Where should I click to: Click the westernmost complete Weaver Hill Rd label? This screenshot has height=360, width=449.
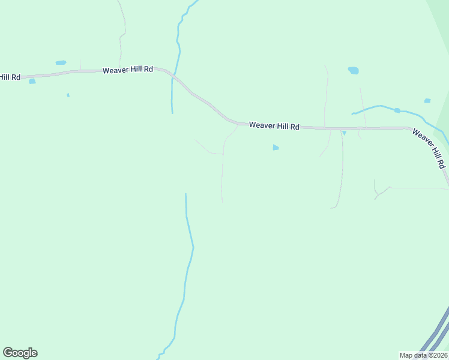pos(128,70)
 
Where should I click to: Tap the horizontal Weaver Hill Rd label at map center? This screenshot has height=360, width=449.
pos(274,126)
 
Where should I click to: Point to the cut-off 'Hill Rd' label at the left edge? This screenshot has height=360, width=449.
pos(10,77)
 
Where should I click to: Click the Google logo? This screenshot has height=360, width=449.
pos(20,353)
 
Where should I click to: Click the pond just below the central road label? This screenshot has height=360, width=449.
pos(276,147)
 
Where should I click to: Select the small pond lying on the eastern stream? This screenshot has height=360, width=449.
pos(397,110)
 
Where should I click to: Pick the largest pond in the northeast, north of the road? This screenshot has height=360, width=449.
pos(354,70)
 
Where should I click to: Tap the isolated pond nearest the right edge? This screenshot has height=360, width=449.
pos(427,101)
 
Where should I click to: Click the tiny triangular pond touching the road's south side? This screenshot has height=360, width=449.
pos(344,133)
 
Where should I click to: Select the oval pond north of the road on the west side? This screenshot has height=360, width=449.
pos(61,62)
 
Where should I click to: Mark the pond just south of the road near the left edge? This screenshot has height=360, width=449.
pos(32,82)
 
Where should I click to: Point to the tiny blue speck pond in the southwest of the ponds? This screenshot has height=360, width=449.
pos(68,95)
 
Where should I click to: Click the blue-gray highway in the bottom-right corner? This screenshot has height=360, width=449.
pos(433,336)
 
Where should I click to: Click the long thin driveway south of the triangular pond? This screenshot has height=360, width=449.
pos(341,174)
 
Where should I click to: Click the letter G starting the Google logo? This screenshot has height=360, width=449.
pos(8,353)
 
